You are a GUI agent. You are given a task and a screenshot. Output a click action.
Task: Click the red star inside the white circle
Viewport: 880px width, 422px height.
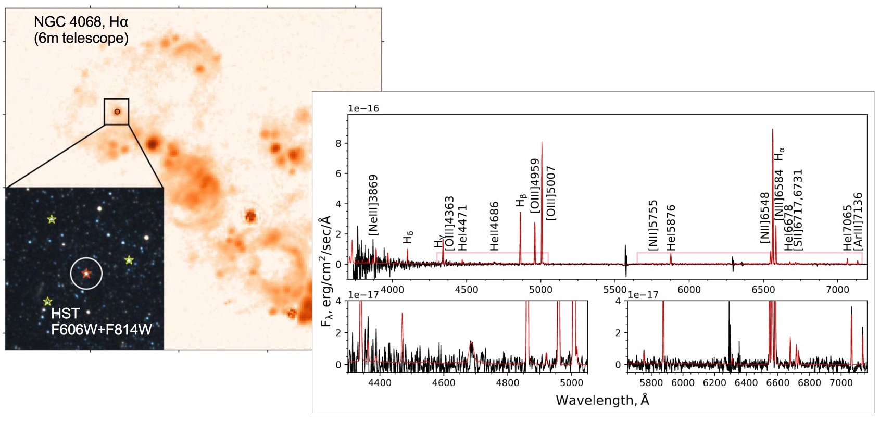point(86,273)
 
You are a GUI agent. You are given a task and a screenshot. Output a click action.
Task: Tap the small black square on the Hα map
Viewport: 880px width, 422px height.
point(116,111)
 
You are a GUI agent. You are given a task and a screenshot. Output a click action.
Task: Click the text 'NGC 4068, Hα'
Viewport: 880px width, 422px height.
point(81,22)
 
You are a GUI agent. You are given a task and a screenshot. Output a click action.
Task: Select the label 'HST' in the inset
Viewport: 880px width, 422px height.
point(65,313)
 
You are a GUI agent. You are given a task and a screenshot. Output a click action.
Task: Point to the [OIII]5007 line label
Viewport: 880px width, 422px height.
point(551,193)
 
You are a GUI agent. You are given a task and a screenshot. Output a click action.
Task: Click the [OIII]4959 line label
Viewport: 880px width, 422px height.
point(535,185)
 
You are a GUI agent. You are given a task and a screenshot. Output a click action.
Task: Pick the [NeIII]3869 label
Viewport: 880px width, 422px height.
point(373,205)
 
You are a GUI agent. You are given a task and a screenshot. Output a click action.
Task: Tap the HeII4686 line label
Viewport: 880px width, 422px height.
point(494,226)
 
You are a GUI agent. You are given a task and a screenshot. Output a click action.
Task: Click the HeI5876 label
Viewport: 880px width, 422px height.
point(671,228)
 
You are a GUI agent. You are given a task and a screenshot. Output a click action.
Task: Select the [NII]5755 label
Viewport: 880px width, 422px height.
point(653,225)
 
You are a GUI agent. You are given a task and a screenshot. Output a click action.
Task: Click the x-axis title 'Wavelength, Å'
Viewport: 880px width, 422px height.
point(602,400)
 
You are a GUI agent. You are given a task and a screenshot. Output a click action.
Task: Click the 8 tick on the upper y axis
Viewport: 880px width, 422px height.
point(338,143)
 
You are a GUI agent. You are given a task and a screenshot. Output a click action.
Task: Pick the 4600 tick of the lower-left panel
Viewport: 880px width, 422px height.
point(444,383)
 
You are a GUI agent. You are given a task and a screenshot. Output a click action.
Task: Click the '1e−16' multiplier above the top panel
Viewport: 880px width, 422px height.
point(363,108)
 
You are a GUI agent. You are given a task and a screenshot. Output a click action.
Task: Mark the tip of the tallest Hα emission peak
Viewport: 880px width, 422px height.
point(772,129)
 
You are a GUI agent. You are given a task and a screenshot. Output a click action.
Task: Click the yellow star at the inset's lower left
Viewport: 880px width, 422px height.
point(47,301)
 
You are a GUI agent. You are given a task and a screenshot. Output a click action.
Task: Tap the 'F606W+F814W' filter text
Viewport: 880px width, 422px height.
point(102,329)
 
